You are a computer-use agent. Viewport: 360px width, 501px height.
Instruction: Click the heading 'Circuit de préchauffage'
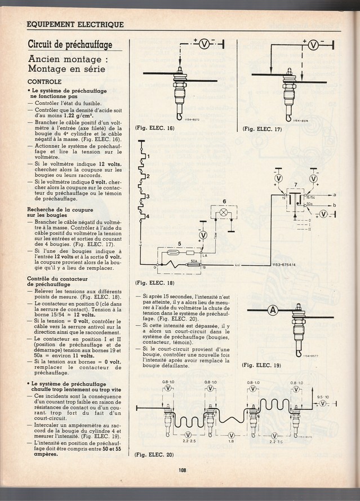click(x=70, y=45)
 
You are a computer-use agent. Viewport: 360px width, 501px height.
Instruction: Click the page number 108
click(x=183, y=472)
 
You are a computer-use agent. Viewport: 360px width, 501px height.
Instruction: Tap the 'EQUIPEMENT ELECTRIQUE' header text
click(x=75, y=24)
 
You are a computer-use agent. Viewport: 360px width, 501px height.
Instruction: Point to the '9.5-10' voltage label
click(x=323, y=396)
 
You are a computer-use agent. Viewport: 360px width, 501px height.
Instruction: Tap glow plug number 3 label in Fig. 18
click(x=148, y=196)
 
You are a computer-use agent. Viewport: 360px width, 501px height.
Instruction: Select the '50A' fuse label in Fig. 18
click(x=193, y=261)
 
